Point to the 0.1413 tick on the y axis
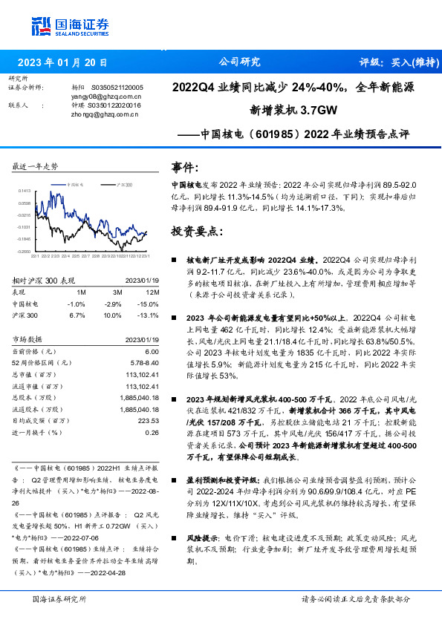point(25,190)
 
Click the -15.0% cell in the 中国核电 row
point(150,304)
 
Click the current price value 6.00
point(152,351)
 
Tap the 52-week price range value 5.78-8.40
point(145,362)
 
